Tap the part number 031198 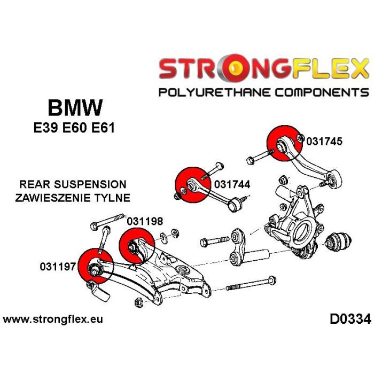coord(145,220)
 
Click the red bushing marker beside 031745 coord(284,142)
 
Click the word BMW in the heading coord(75,108)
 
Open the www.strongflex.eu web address coord(53,320)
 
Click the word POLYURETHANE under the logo coord(217,92)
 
